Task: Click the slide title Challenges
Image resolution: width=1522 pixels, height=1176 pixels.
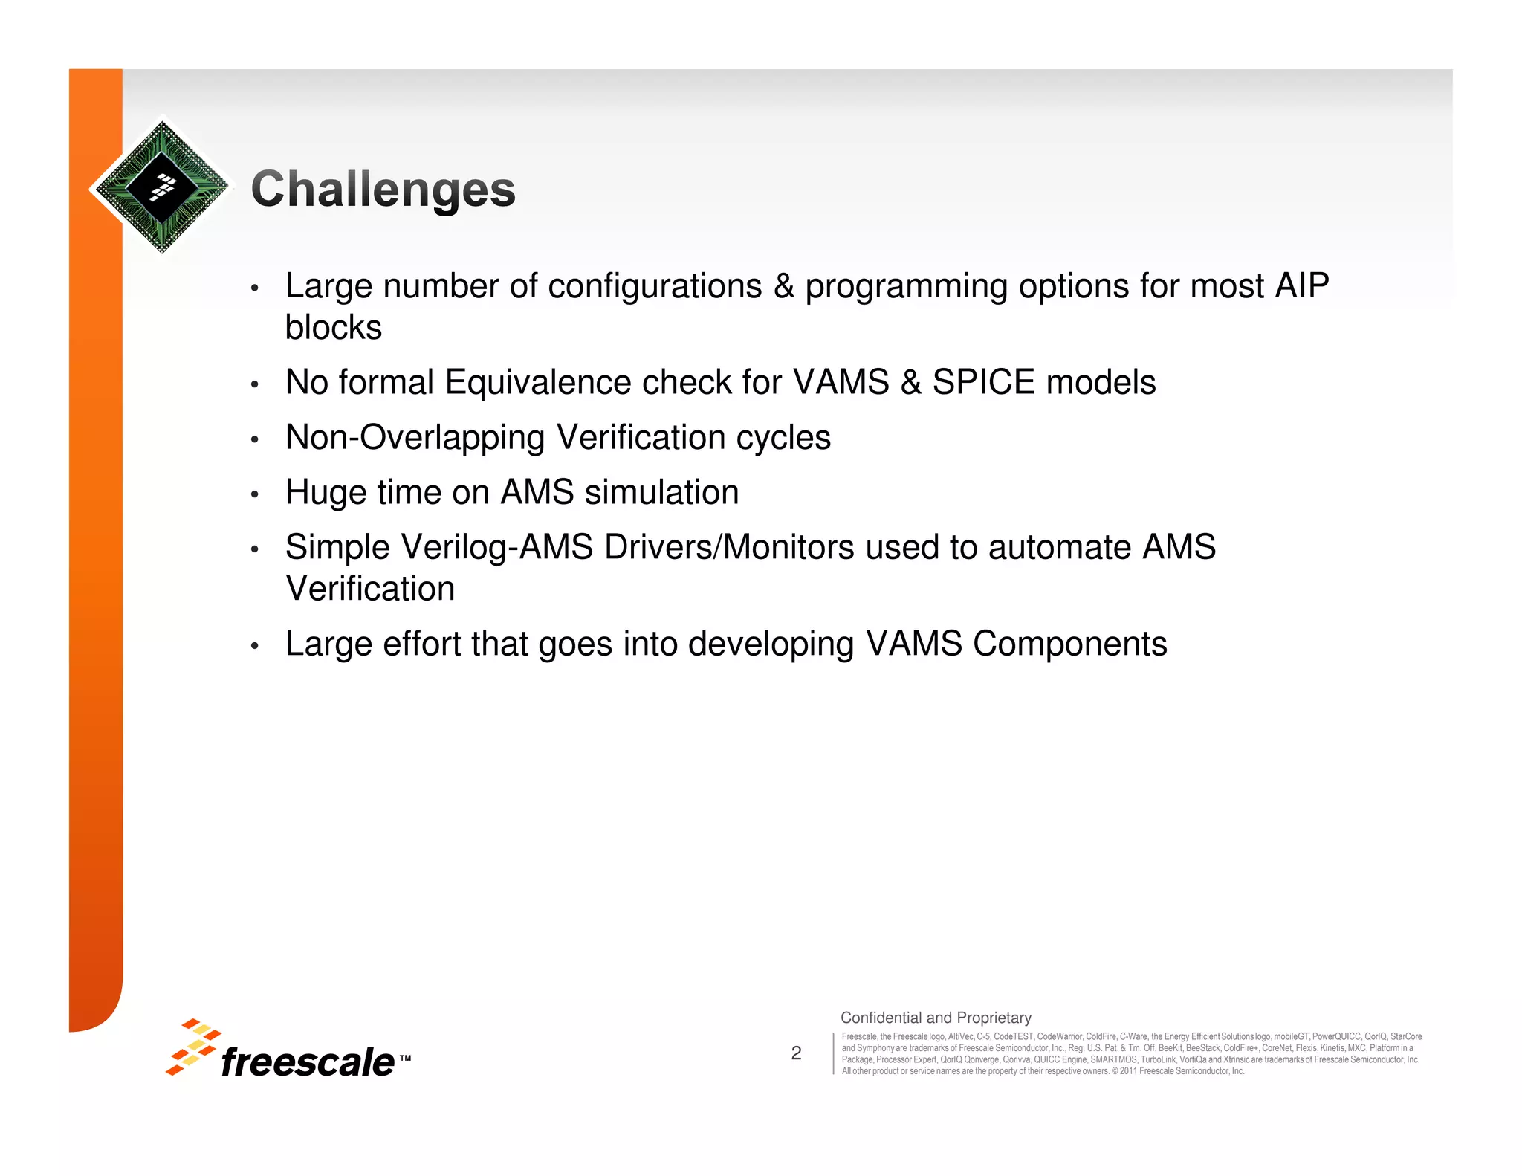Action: pyautogui.click(x=383, y=189)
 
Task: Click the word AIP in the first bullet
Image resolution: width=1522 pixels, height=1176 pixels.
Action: pyautogui.click(x=1302, y=286)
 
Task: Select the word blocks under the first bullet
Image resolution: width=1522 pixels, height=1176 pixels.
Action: pyautogui.click(x=334, y=328)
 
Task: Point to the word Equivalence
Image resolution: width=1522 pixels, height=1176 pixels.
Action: pyautogui.click(x=538, y=383)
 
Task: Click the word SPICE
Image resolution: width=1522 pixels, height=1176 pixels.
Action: pyautogui.click(x=983, y=383)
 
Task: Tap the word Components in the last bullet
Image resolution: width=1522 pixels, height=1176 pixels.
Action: pyautogui.click(x=1069, y=644)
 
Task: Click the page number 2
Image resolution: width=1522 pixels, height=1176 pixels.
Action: pyautogui.click(x=796, y=1053)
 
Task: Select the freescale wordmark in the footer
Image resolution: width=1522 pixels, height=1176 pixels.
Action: pyautogui.click(x=308, y=1062)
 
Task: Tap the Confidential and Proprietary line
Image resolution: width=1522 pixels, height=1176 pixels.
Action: pyautogui.click(x=936, y=1018)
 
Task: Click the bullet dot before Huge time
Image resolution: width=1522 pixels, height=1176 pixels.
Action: pyautogui.click(x=254, y=494)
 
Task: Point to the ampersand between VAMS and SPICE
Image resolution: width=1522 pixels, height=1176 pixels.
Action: pyautogui.click(x=910, y=383)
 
